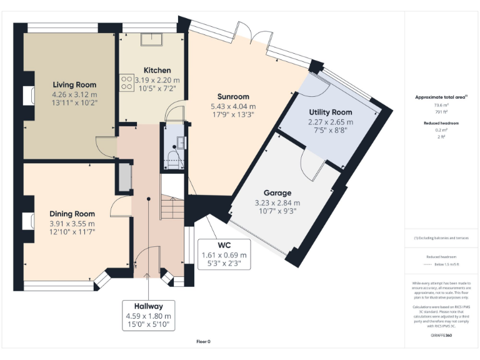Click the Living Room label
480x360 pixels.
pyautogui.click(x=74, y=84)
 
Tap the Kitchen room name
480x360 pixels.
pyautogui.click(x=157, y=70)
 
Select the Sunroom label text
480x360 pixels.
pyautogui.click(x=233, y=96)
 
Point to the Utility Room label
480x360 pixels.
pyautogui.click(x=331, y=112)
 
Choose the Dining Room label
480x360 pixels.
pyautogui.click(x=72, y=214)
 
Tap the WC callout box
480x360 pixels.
pyautogui.click(x=224, y=255)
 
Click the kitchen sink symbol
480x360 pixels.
pyautogui.click(x=151, y=40)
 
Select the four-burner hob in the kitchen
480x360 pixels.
pyautogui.click(x=126, y=83)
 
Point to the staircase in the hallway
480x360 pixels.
pyautogui.click(x=170, y=206)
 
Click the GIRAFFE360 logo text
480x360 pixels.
pyautogui.click(x=441, y=336)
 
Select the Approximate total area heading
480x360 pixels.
pyautogui.click(x=441, y=97)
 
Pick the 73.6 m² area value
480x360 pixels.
pyautogui.click(x=441, y=106)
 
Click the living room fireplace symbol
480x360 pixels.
pyautogui.click(x=28, y=96)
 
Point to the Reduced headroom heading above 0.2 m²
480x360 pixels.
pyautogui.click(x=441, y=123)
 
